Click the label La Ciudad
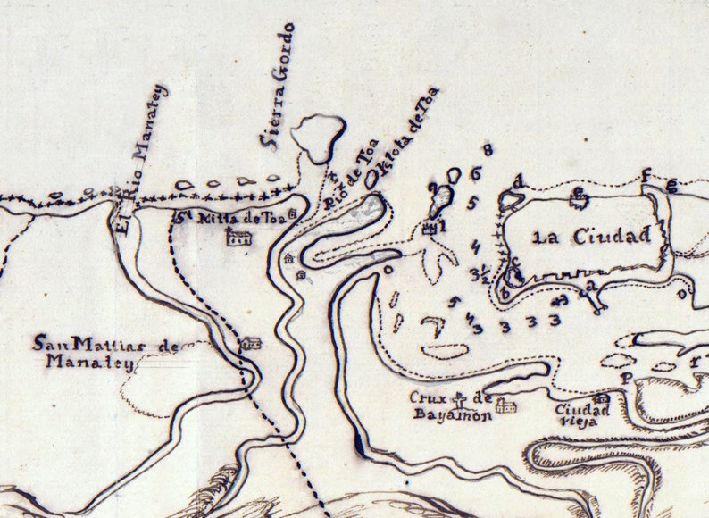pos(589,237)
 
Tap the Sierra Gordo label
pos(277,85)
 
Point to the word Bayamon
pos(451,414)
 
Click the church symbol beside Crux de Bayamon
pos(506,405)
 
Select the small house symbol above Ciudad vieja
pos(602,398)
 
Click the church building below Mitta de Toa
pos(237,237)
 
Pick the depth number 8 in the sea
pos(488,149)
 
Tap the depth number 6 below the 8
pos(476,173)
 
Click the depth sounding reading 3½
pos(478,273)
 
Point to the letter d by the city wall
pos(518,183)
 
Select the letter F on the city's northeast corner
pos(646,176)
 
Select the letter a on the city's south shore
pos(589,286)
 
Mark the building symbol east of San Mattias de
pos(253,343)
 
